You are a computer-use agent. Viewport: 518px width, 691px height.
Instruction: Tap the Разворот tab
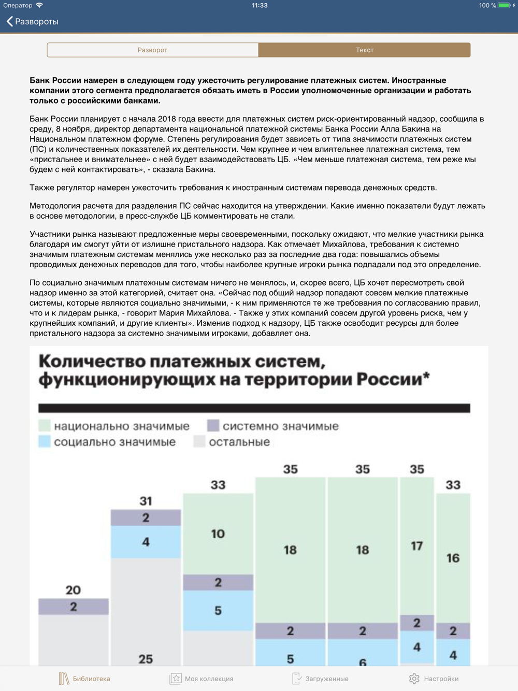(152, 50)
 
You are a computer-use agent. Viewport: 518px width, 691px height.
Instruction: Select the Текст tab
(364, 50)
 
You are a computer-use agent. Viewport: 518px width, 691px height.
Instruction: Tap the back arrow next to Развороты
(10, 21)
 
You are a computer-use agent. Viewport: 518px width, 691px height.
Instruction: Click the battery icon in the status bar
(504, 5)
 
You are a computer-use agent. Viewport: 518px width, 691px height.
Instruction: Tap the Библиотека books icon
(64, 679)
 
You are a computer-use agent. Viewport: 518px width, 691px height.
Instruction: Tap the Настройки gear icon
(414, 679)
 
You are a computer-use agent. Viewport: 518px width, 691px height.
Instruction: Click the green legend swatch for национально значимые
(45, 426)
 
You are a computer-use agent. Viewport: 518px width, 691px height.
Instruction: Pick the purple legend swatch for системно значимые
(213, 426)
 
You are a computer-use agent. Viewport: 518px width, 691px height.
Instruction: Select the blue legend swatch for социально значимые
(45, 442)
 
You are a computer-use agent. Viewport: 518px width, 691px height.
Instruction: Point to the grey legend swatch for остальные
(199, 442)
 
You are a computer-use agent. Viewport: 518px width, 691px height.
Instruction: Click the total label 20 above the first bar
(73, 590)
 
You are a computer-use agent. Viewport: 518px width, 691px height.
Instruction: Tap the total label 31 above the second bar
(146, 501)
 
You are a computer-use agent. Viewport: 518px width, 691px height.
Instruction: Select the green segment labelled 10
(218, 534)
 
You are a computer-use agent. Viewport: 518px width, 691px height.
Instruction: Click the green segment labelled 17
(416, 546)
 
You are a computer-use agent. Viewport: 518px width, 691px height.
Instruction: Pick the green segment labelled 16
(453, 558)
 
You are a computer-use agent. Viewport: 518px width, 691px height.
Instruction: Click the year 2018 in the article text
(167, 119)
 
